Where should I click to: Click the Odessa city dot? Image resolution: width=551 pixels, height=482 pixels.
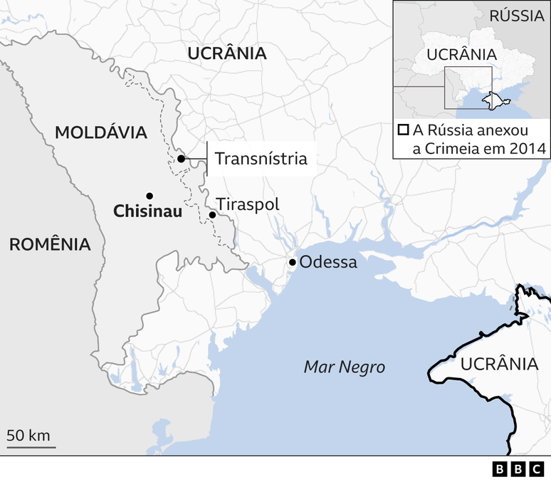click(293, 263)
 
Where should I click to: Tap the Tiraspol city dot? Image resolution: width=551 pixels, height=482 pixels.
click(211, 214)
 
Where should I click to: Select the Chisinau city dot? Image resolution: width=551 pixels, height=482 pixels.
click(149, 196)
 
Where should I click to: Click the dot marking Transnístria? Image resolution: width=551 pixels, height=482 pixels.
click(182, 159)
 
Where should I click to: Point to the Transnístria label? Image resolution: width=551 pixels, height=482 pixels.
click(261, 159)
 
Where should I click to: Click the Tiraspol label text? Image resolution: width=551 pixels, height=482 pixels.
click(248, 204)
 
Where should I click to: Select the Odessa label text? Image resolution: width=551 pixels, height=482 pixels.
click(327, 262)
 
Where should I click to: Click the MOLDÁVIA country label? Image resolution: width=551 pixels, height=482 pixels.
click(100, 132)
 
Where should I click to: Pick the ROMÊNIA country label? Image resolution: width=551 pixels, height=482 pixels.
click(50, 245)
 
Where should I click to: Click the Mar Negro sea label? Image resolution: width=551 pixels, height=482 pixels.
click(344, 367)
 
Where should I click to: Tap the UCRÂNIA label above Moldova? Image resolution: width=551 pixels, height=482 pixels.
click(227, 53)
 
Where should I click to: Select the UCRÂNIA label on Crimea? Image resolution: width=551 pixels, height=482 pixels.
click(498, 365)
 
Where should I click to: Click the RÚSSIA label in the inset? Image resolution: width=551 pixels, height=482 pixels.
click(516, 16)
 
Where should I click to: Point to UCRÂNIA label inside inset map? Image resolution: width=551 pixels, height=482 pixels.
click(461, 54)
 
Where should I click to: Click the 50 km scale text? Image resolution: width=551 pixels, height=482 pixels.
click(28, 436)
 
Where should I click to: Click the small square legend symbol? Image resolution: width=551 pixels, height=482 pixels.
click(403, 130)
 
